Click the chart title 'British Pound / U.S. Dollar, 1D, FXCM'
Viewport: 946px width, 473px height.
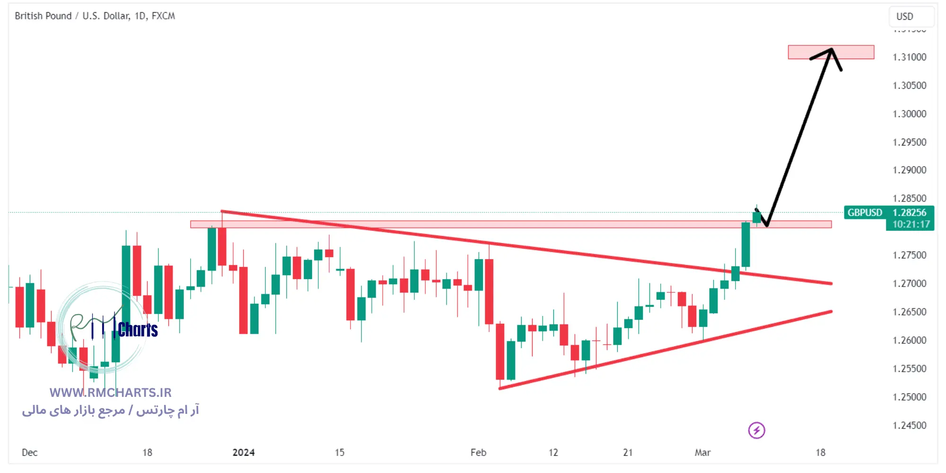(95, 16)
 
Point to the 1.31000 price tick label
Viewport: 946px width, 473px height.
(909, 57)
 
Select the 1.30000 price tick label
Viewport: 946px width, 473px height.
(909, 114)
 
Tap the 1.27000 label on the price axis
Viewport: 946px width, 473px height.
(909, 284)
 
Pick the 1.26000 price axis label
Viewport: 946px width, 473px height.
(909, 341)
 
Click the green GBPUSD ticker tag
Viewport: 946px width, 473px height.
(865, 213)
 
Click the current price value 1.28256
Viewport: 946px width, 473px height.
(909, 213)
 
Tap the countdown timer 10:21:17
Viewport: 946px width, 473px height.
(911, 225)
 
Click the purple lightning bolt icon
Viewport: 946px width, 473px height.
(756, 430)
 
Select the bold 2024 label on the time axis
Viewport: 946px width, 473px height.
(244, 453)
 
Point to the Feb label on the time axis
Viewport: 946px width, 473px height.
(478, 453)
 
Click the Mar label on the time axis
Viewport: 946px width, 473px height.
(702, 453)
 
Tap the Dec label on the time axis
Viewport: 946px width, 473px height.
(30, 453)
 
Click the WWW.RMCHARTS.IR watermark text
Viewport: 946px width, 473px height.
(111, 393)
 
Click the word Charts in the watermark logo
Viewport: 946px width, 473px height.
(138, 330)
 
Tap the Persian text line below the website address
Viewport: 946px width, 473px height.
(111, 410)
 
